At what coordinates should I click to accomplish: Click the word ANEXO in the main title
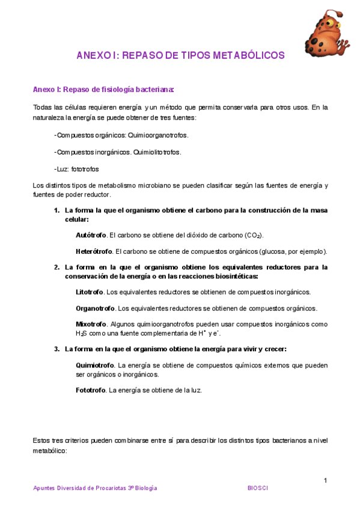pos(93,55)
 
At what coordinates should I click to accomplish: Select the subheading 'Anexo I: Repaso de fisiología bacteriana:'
pos(103,90)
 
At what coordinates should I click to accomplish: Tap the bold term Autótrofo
pos(91,235)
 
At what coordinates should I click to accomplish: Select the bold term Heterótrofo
pos(93,251)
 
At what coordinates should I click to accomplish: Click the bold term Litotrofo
pos(89,292)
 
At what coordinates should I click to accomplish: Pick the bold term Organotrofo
pos(95,309)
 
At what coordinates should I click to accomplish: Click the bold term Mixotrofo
pos(91,324)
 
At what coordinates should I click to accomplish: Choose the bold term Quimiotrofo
pos(95,365)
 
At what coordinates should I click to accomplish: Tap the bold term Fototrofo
pos(91,390)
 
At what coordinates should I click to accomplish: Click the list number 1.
pos(56,210)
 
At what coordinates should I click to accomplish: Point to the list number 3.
pos(56,349)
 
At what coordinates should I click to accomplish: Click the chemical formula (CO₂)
pos(254,235)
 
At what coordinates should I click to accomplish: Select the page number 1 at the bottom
pos(325,480)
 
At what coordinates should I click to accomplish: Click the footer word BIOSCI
pos(258,488)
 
